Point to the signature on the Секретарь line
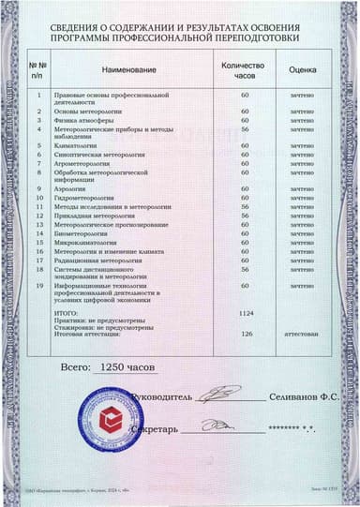[x=217, y=426]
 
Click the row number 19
[x=39, y=285]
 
